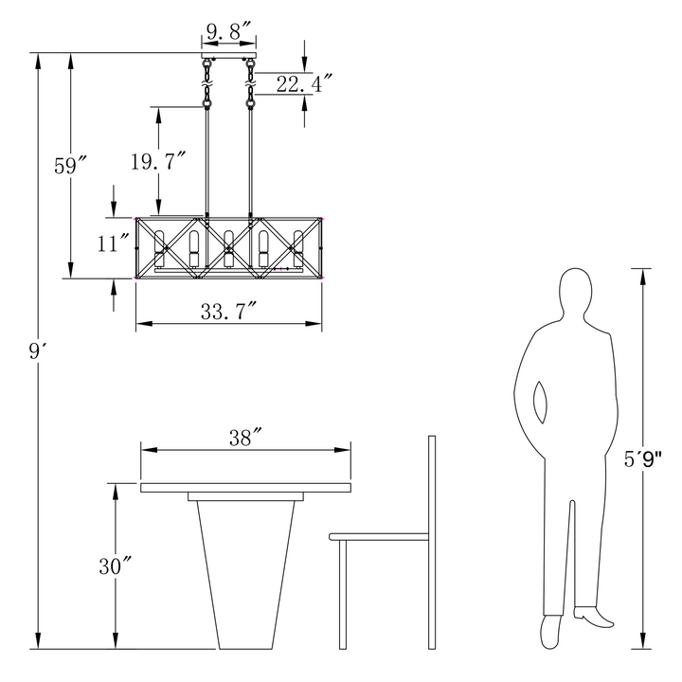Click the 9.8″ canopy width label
(x=229, y=31)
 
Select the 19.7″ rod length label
(x=158, y=161)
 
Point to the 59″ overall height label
(x=70, y=165)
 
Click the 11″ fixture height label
(x=113, y=242)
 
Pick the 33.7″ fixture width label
(x=228, y=311)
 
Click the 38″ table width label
(x=245, y=438)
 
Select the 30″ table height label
(x=115, y=565)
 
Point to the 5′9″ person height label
(x=643, y=459)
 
